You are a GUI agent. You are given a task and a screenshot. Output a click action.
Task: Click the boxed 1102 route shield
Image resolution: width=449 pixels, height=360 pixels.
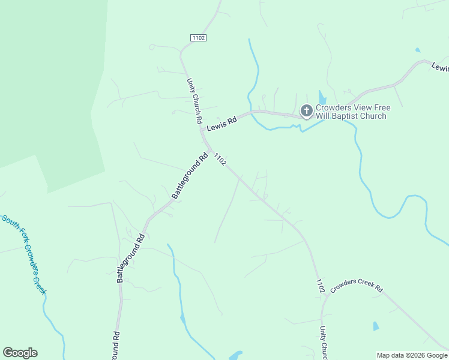[199, 38]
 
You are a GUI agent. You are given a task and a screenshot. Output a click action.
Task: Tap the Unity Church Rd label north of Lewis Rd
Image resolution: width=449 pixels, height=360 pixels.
[194, 100]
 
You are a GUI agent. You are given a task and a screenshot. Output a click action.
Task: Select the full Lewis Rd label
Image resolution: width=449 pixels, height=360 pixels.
[221, 124]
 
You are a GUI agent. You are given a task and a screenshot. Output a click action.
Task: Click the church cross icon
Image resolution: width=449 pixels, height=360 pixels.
[306, 110]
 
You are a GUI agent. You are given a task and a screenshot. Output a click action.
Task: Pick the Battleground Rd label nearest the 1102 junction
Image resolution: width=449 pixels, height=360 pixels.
[190, 176]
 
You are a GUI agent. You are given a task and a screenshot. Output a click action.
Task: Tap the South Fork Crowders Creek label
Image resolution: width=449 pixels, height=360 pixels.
[25, 254]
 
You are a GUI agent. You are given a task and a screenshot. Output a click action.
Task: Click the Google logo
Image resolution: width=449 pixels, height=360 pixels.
[20, 353]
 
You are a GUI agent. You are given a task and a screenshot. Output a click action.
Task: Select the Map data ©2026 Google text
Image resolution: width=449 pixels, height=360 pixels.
[412, 355]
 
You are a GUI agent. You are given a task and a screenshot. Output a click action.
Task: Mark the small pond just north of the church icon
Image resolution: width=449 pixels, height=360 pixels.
[322, 98]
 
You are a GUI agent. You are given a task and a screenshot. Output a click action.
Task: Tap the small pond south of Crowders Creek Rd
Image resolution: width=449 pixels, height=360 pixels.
[376, 326]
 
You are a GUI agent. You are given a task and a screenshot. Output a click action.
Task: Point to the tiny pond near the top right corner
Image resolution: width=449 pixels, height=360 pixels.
[417, 50]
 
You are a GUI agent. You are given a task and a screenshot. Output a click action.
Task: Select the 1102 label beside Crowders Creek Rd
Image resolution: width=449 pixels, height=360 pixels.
[321, 286]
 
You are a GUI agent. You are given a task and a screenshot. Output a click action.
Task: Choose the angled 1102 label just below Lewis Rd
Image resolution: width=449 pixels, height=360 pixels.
[220, 160]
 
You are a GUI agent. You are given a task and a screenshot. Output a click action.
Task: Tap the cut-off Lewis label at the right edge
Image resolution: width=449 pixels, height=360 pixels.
[440, 67]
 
